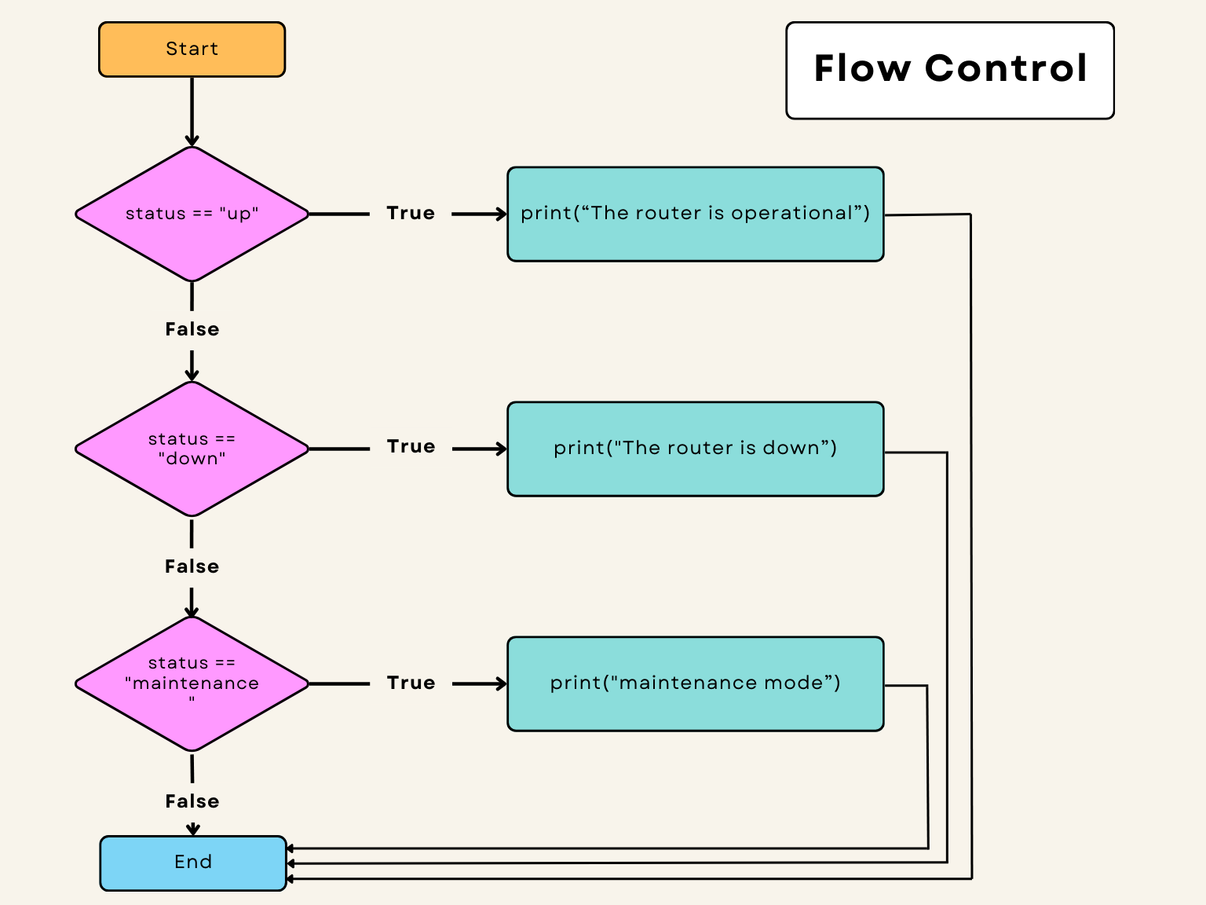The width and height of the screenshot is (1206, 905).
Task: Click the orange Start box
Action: point(192,49)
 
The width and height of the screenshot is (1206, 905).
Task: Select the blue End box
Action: point(193,863)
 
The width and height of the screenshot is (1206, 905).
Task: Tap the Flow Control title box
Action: point(949,71)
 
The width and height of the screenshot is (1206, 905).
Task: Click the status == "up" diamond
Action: point(192,214)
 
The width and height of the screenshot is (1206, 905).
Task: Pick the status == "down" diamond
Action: point(192,449)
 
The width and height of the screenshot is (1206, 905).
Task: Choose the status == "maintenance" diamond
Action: point(192,683)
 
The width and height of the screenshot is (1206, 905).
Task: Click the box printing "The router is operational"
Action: point(695,214)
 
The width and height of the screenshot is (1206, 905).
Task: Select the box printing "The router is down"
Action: point(695,449)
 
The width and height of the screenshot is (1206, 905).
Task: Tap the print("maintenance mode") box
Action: point(695,683)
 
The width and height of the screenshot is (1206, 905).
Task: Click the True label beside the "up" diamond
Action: point(411,213)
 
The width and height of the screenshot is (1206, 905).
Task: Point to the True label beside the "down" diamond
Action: point(411,446)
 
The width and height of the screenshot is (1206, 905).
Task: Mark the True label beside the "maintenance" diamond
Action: point(411,683)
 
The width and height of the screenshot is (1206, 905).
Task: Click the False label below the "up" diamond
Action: point(192,329)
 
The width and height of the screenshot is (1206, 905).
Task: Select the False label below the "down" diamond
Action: point(192,566)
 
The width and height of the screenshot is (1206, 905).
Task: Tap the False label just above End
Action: point(192,801)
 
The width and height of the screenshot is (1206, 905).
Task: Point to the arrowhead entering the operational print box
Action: point(500,214)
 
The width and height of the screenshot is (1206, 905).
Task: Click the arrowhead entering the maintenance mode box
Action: point(500,683)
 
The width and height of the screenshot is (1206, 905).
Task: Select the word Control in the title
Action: point(1006,68)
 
